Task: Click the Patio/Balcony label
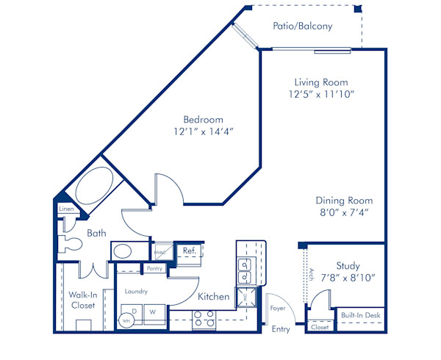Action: pos(302,26)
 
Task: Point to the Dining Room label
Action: pos(344,201)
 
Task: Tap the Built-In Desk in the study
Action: pos(361,315)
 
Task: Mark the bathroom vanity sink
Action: pos(122,251)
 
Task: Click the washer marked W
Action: pos(154,311)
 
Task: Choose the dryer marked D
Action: pos(135,311)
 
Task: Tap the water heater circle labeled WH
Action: pos(126,321)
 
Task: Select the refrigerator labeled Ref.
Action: pos(188,251)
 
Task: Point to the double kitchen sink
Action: pos(244,271)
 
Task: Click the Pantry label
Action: pos(154,269)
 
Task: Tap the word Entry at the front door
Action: pos(281,329)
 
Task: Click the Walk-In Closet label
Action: pos(82,300)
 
